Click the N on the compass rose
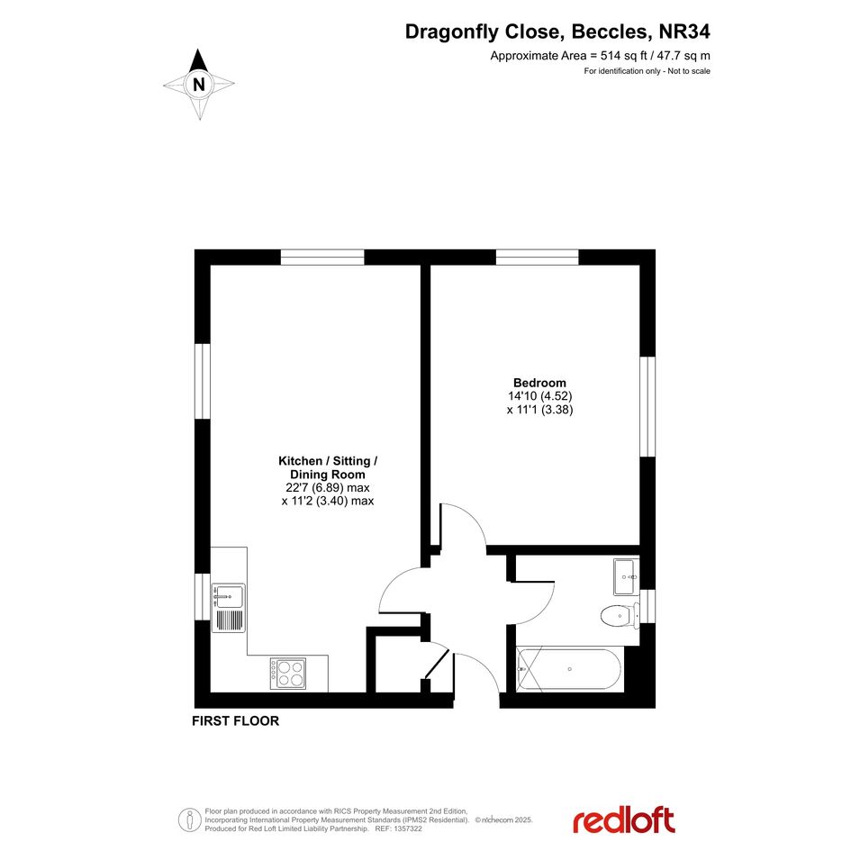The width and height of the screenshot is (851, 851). [199, 85]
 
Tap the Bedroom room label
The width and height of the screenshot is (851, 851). [539, 383]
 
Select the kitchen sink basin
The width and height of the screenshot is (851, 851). [228, 596]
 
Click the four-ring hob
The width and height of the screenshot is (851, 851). [288, 674]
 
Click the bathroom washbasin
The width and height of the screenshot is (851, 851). [627, 577]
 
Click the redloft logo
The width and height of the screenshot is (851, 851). [623, 820]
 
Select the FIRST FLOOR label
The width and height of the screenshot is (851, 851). [236, 720]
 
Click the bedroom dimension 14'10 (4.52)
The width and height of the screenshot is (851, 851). [540, 396]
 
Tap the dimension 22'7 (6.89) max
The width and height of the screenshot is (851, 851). [328, 487]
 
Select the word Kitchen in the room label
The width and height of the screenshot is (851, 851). [300, 461]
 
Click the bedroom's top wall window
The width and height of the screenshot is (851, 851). [538, 258]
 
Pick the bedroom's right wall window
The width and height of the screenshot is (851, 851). [647, 406]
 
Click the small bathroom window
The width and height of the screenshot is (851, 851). [647, 607]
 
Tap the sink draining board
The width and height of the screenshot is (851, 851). [228, 620]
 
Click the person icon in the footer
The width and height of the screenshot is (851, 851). [189, 820]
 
